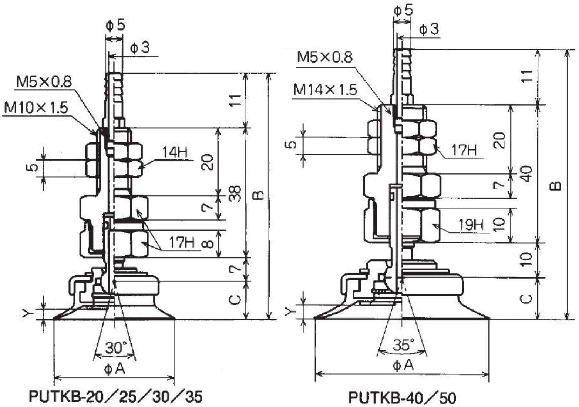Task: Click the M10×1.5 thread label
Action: (x=36, y=108)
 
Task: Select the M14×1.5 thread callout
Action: (x=325, y=90)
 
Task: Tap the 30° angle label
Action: (x=116, y=347)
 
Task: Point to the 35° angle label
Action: (x=404, y=344)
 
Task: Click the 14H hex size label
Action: (x=175, y=152)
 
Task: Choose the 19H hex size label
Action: (x=471, y=225)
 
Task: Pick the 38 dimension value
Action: (x=235, y=194)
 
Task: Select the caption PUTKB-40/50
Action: (x=402, y=397)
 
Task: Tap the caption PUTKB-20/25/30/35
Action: (x=115, y=396)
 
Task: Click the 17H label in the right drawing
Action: (x=464, y=150)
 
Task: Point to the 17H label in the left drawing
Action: (x=181, y=242)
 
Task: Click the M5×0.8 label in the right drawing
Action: (x=325, y=57)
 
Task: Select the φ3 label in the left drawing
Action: (x=140, y=48)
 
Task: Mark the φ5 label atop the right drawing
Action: (x=403, y=10)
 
